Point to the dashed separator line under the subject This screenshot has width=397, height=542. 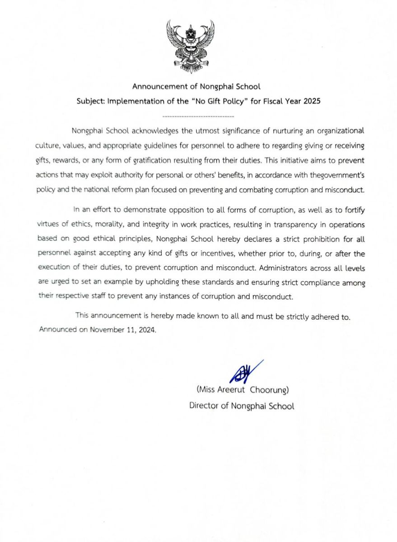(198, 117)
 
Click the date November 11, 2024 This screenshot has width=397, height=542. (122, 329)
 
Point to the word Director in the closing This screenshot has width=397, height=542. (204, 406)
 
